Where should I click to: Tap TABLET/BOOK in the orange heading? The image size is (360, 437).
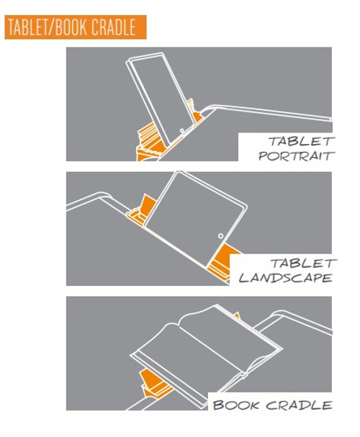click(x=45, y=27)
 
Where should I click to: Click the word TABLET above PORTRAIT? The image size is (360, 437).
click(x=301, y=141)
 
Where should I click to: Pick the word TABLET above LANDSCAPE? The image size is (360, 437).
click(x=302, y=263)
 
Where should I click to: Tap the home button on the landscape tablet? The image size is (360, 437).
click(x=219, y=235)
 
